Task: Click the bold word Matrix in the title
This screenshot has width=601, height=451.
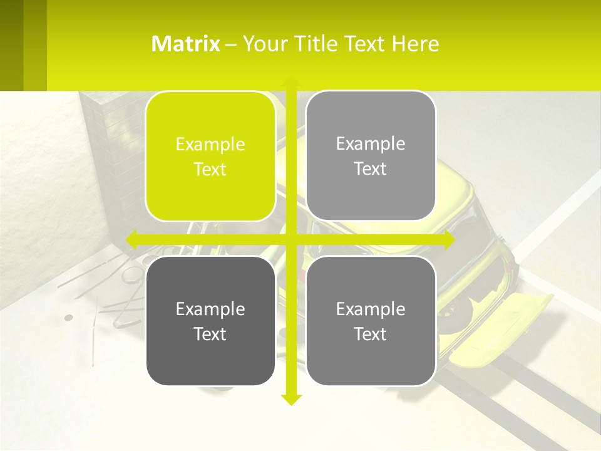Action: pos(186,44)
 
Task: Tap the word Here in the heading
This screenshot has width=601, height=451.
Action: pos(416,44)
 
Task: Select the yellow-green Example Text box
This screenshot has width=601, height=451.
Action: pos(210,156)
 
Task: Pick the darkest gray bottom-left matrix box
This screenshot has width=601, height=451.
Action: pos(210,321)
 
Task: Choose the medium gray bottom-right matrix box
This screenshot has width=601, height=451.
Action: pos(371,321)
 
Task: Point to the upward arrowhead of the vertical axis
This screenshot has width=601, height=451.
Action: pos(290,82)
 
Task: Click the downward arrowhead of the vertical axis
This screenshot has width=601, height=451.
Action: pos(290,400)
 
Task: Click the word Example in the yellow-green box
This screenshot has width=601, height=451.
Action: pos(210,145)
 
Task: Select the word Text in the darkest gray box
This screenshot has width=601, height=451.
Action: pos(210,334)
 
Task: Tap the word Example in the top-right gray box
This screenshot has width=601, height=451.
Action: pos(371,144)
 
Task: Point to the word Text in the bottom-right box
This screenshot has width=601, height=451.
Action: pos(371,334)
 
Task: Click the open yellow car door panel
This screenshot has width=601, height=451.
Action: pos(501,329)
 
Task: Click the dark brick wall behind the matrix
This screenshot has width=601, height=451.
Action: pos(113,157)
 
